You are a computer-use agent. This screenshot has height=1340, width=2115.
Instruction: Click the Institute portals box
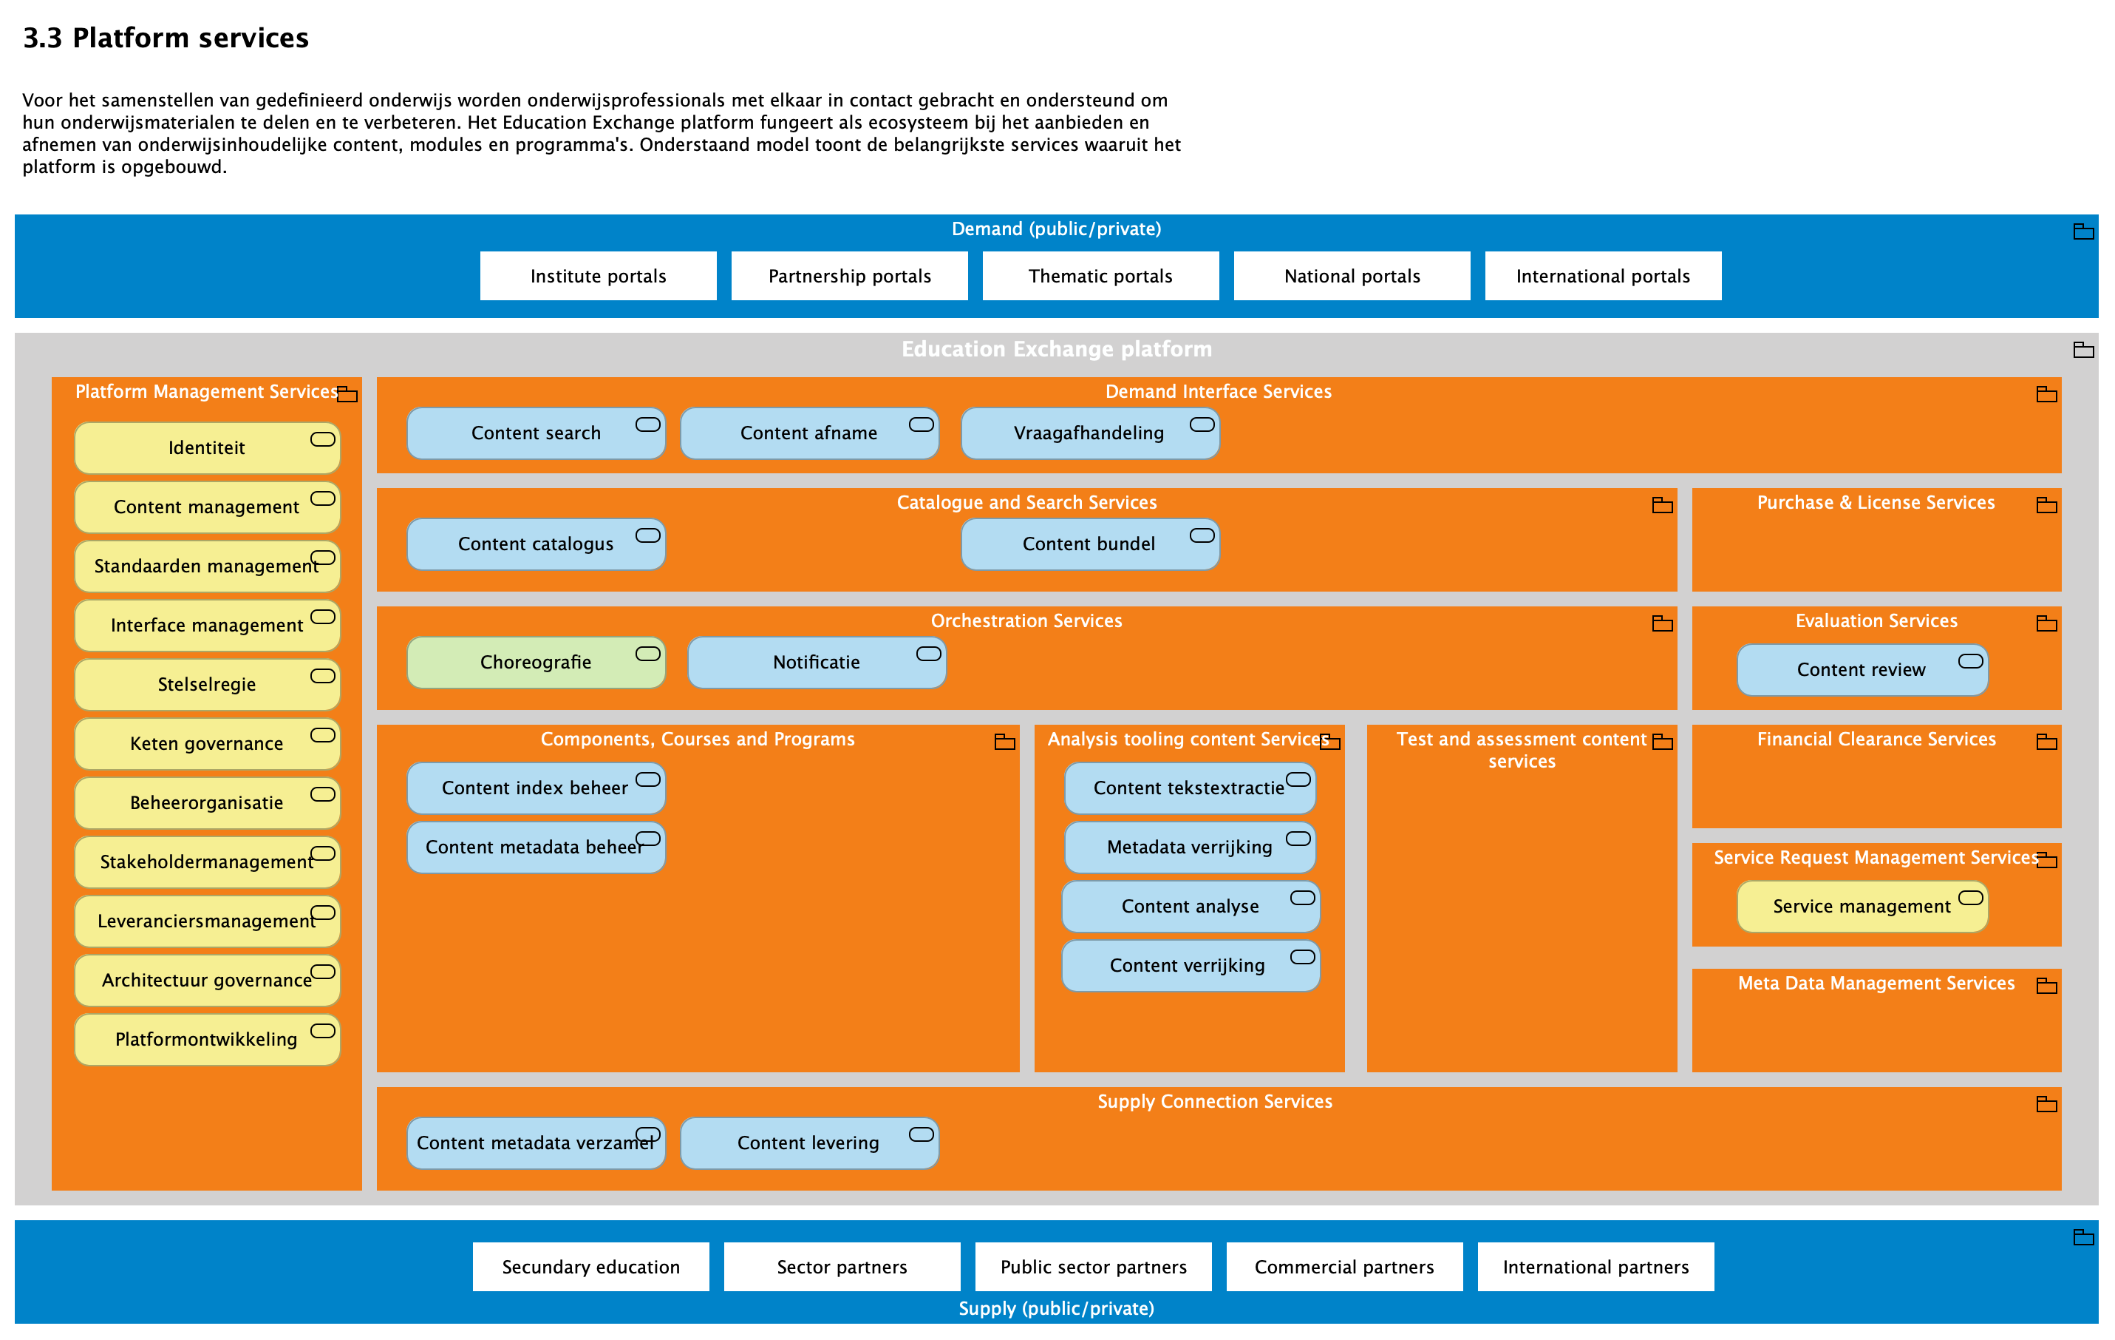[598, 276]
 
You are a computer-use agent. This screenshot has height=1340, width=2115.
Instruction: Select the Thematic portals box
[1100, 276]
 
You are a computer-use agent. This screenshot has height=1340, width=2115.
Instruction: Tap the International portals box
[1602, 276]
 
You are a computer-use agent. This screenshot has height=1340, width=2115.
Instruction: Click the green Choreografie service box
[536, 662]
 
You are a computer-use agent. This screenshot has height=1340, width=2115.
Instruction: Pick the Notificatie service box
[816, 662]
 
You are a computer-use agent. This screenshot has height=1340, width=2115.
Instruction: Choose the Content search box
[536, 433]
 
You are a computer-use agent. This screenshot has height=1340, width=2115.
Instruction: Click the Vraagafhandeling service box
[1089, 433]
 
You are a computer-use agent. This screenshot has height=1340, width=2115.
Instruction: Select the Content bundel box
[1089, 543]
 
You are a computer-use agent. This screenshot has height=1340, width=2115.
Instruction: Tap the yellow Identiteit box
[206, 447]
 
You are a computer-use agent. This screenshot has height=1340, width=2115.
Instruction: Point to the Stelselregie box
[206, 683]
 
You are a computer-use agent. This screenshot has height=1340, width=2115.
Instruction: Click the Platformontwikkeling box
[206, 1038]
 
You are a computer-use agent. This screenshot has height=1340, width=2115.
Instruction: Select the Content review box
[1862, 669]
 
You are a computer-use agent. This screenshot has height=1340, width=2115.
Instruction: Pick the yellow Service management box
[1862, 906]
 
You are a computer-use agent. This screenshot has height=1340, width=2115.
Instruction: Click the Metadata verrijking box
[1189, 846]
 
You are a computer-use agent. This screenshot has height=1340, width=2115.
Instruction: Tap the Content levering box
[808, 1143]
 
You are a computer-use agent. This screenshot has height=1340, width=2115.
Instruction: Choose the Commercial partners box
[1343, 1266]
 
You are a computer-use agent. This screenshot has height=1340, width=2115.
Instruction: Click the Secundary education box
[590, 1266]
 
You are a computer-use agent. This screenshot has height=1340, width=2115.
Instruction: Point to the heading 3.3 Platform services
[165, 38]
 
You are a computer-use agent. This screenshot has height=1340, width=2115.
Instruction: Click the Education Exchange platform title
[1056, 349]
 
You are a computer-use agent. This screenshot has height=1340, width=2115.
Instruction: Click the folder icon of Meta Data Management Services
[2046, 986]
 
